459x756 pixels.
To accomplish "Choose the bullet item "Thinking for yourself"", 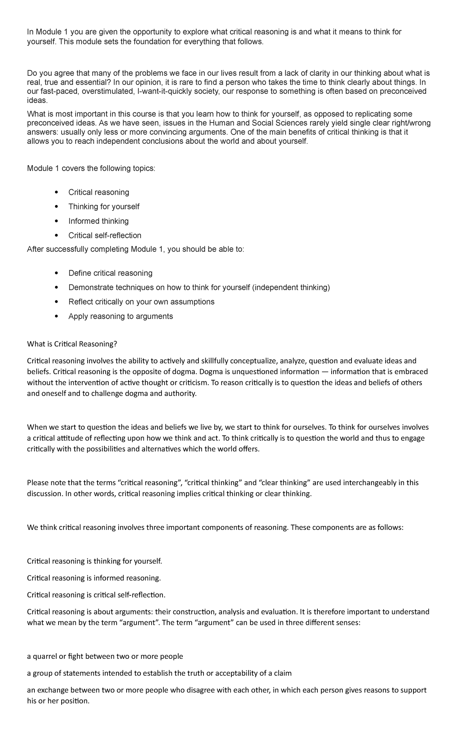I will point(104,207).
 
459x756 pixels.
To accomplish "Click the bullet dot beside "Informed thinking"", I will point(57,221).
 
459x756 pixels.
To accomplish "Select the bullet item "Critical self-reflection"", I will point(105,235).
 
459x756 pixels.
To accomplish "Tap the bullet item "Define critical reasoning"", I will point(110,273).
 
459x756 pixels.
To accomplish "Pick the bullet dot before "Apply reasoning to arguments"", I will point(57,316).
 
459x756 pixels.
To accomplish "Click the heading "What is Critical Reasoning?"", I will point(72,344).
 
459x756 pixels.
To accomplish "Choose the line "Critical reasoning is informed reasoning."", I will point(94,578).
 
